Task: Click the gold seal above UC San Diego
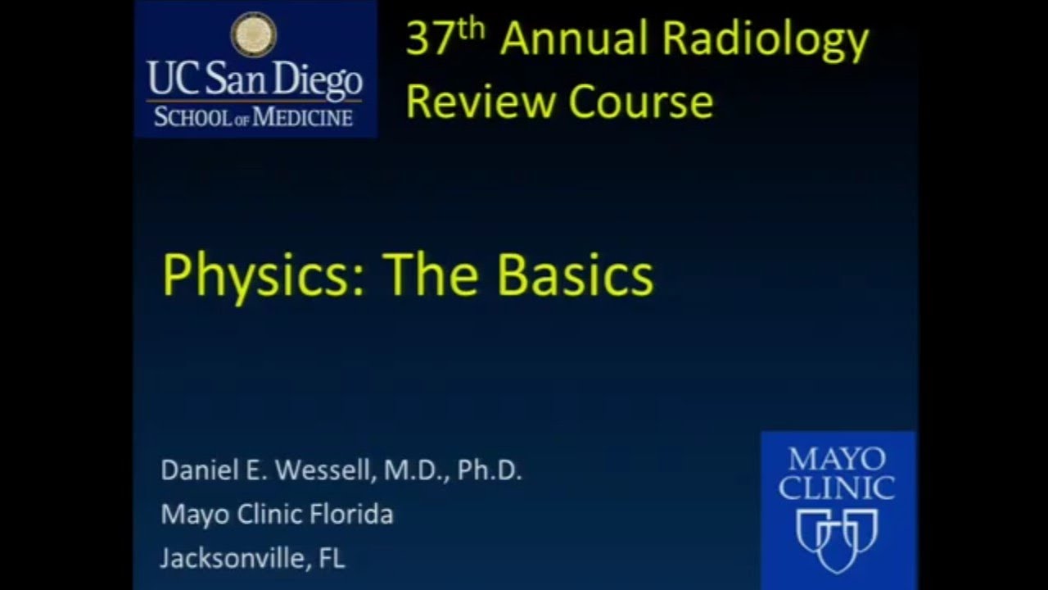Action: pos(254,34)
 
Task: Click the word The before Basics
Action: pos(432,276)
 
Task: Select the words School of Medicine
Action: pos(254,116)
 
